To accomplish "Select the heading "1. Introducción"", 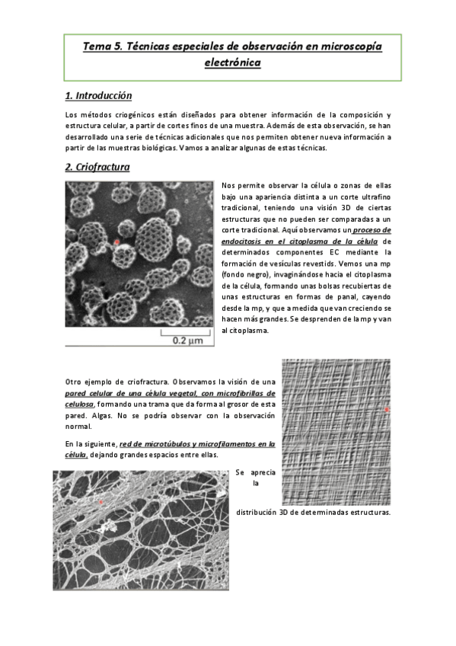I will coord(98,96).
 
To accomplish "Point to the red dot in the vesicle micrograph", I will coord(116,242).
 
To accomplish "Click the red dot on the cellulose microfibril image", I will coord(387,410).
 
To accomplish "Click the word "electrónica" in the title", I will coord(232,64).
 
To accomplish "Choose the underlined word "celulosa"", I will coord(79,405).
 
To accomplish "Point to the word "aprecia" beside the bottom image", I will coord(263,472).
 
